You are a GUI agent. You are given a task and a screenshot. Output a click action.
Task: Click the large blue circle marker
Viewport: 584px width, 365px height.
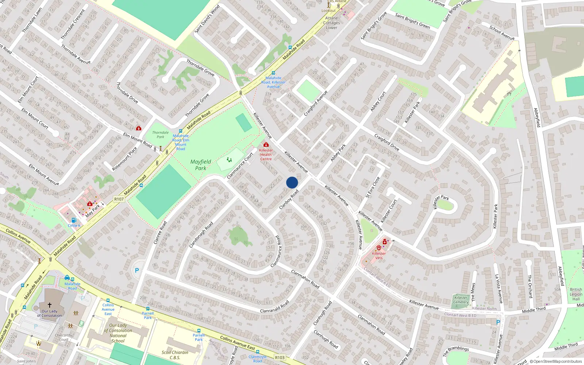pyautogui.click(x=292, y=182)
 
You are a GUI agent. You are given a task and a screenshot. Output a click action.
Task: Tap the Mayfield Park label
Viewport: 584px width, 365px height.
pyautogui.click(x=201, y=165)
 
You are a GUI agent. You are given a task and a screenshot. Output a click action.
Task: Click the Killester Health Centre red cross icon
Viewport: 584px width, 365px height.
pyautogui.click(x=266, y=145)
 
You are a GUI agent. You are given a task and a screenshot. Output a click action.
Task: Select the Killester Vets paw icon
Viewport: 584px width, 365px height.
pyautogui.click(x=379, y=248)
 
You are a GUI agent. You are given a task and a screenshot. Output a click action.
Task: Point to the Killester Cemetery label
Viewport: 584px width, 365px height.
pyautogui.click(x=461, y=300)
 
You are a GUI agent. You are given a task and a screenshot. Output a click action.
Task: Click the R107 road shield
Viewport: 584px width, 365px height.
pyautogui.click(x=119, y=199)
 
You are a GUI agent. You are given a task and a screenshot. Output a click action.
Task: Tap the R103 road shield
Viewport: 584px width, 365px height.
pyautogui.click(x=280, y=357)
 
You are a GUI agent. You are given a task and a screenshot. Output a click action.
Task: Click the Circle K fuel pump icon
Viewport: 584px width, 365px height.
pyautogui.click(x=74, y=220)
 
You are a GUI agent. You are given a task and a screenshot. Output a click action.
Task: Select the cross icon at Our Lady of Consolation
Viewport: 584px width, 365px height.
pyautogui.click(x=50, y=305)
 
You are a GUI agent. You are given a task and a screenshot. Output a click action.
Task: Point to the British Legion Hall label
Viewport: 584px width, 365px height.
pyautogui.click(x=576, y=294)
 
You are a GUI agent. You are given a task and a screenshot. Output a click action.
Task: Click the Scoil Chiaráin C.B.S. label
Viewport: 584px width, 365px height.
pyautogui.click(x=175, y=355)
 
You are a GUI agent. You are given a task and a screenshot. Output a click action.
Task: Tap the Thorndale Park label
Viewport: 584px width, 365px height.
pyautogui.click(x=161, y=135)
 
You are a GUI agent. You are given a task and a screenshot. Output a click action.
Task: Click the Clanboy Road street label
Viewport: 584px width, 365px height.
pyautogui.click(x=289, y=199)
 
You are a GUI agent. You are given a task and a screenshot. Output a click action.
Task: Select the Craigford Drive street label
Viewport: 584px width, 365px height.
pyautogui.click(x=387, y=143)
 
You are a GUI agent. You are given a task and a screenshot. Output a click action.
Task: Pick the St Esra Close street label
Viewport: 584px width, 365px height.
pyautogui.click(x=373, y=187)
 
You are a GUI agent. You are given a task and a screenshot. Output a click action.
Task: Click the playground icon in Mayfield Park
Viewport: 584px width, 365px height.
pyautogui.click(x=229, y=160)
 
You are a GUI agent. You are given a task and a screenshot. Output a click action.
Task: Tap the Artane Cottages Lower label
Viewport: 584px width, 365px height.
pyautogui.click(x=331, y=23)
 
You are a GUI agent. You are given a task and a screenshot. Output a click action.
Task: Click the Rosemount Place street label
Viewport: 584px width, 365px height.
pyautogui.click(x=124, y=159)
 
